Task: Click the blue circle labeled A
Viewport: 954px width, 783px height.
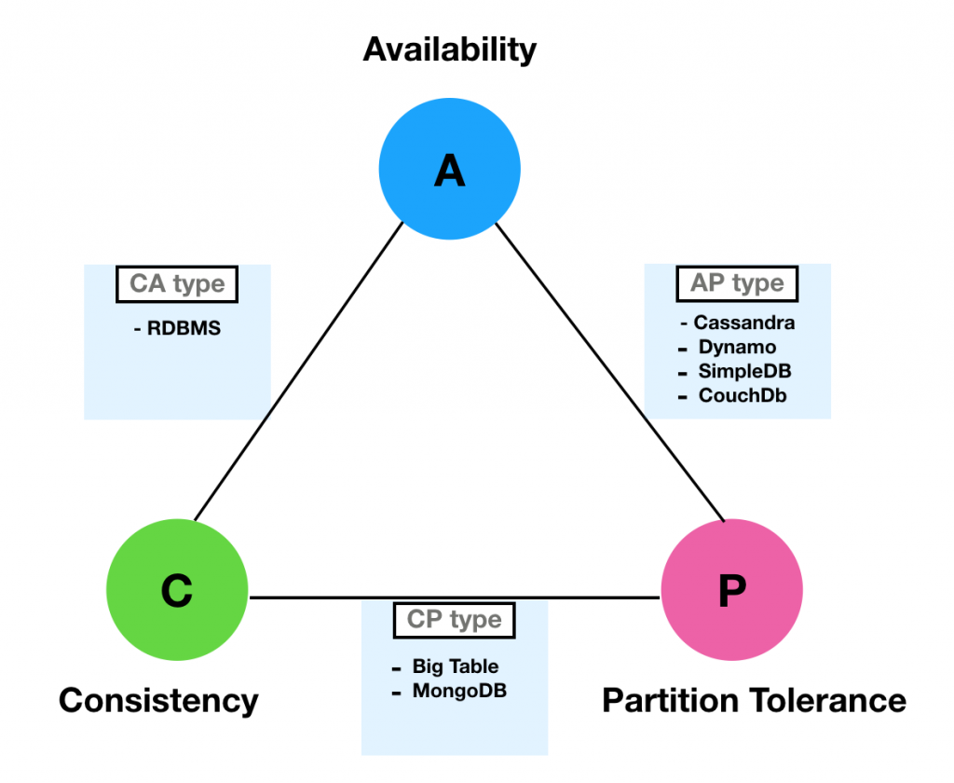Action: coord(449,169)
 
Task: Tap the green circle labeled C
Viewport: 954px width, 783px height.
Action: coord(177,590)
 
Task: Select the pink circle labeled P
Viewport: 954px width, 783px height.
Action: coord(731,590)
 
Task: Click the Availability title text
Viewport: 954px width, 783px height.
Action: coord(449,48)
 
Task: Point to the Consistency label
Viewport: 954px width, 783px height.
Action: coord(158,699)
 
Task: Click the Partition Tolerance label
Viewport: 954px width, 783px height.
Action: coord(754,699)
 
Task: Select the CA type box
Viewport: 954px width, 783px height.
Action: coord(177,284)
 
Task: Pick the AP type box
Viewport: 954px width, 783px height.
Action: coord(737,282)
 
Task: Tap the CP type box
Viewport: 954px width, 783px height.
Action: coord(454,619)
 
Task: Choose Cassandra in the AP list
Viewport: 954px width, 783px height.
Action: coord(743,323)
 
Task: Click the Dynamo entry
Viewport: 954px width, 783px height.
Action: coord(737,347)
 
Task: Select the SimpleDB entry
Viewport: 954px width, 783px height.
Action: coord(745,371)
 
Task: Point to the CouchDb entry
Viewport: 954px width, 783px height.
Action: coord(743,395)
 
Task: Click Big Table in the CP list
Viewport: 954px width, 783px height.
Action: coord(455,666)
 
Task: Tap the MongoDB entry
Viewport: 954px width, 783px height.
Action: coord(459,691)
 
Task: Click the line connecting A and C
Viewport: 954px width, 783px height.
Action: coord(298,373)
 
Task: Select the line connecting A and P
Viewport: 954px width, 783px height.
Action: coord(610,373)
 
